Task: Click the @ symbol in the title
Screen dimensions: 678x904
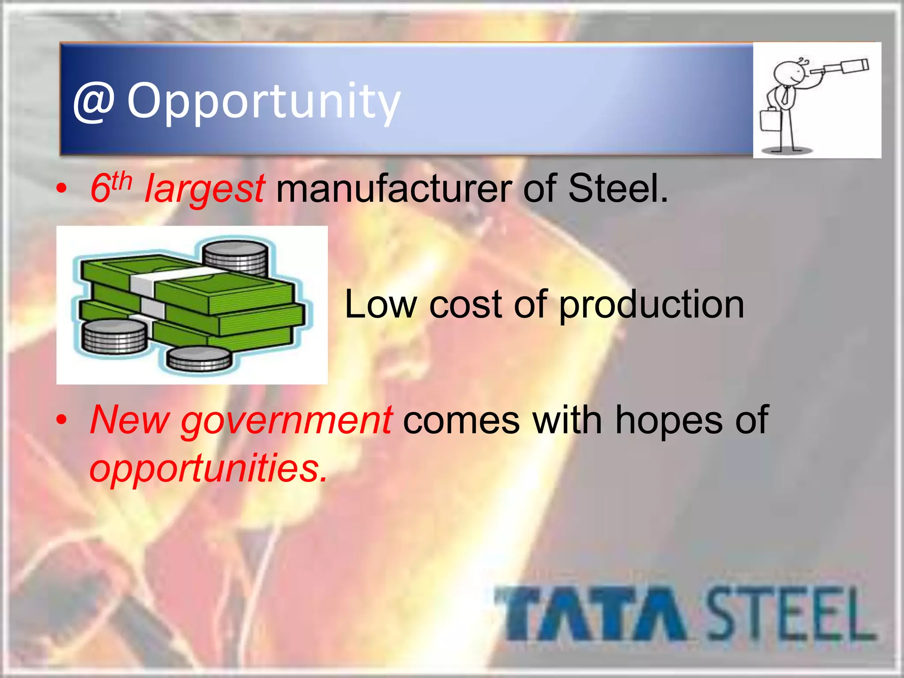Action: point(94,102)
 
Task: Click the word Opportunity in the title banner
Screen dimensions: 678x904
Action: point(264,102)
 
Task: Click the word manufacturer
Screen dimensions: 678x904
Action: point(393,188)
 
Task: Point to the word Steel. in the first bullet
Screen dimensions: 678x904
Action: point(618,188)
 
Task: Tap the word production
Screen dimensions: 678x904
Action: point(652,305)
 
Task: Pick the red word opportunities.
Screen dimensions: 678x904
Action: point(208,469)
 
